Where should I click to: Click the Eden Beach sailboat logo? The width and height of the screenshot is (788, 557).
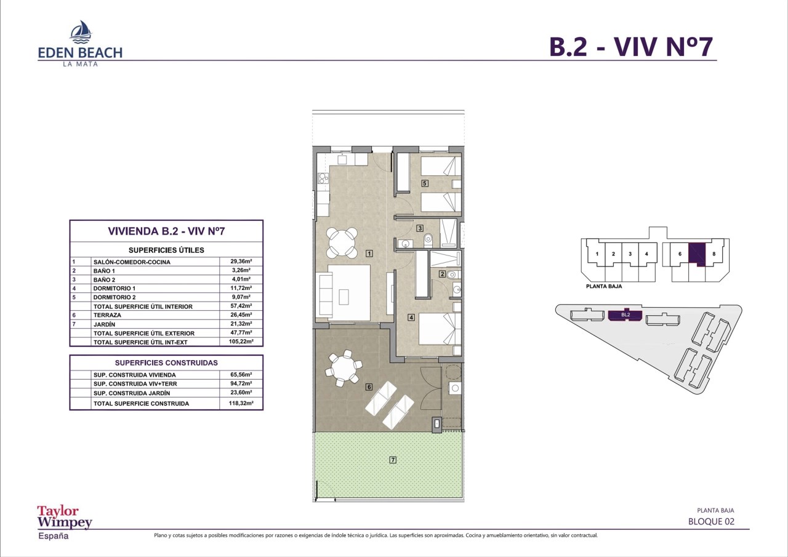[81, 31]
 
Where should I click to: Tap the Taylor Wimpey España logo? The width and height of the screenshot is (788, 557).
[65, 523]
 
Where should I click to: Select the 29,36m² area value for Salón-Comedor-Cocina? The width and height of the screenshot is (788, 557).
[241, 262]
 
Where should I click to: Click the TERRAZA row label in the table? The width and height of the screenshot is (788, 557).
[107, 315]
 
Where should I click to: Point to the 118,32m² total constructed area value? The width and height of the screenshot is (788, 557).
[241, 403]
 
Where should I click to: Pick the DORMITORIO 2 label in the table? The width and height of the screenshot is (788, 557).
[115, 297]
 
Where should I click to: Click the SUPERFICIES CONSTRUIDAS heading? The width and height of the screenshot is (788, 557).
[166, 363]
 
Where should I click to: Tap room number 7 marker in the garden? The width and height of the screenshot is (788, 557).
[393, 460]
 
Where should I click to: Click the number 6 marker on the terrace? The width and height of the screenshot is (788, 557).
[369, 387]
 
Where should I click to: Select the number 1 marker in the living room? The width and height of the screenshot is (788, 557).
[369, 253]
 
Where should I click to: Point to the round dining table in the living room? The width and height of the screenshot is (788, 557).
[342, 242]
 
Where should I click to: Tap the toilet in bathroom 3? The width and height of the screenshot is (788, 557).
[428, 240]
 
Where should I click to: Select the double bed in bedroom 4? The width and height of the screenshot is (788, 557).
[440, 329]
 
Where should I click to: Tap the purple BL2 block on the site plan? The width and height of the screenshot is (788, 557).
[625, 315]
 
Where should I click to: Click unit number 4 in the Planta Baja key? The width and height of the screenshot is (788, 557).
[646, 254]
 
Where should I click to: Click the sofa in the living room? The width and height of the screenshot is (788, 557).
[326, 295]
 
